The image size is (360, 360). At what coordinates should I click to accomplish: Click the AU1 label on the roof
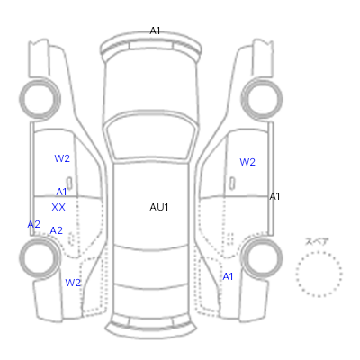pos(159,207)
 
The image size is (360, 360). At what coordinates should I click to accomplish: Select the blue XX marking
pos(58,207)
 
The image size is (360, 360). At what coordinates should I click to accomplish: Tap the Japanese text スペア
pos(317,241)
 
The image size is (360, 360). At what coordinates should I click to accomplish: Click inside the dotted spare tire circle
pos(319,274)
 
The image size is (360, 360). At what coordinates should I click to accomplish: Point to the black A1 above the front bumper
pos(155,31)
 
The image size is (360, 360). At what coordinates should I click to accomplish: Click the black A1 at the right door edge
pos(274,196)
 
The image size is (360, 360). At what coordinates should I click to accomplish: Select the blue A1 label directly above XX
pos(61,192)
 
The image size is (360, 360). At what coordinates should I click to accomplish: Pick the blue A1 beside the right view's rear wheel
pos(228,276)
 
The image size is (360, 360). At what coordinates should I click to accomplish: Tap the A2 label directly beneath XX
pos(57,230)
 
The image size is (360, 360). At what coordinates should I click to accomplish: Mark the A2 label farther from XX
pos(34,224)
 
